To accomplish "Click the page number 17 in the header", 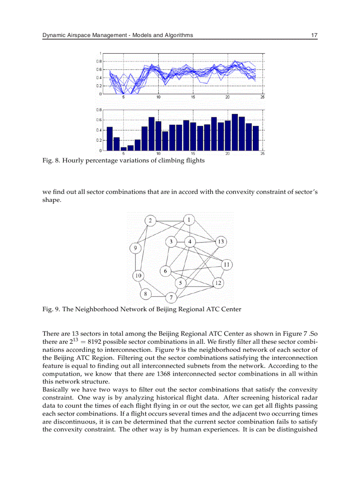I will pyautogui.click(x=314, y=35).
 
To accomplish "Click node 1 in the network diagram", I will pyautogui.click(x=189, y=220).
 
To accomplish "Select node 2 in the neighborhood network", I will pyautogui.click(x=150, y=220).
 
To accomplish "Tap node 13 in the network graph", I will pyautogui.click(x=221, y=242).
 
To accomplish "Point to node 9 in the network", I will pyautogui.click(x=135, y=249).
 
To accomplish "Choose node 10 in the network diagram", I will pyautogui.click(x=139, y=276).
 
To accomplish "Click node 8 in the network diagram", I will pyautogui.click(x=146, y=294).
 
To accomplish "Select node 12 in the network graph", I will pyautogui.click(x=218, y=283).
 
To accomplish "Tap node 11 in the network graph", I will pyautogui.click(x=226, y=264).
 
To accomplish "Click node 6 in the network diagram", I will pyautogui.click(x=165, y=271).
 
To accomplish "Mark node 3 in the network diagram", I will pyautogui.click(x=171, y=242).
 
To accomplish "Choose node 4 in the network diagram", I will pyautogui.click(x=190, y=242).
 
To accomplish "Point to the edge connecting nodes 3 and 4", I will pyautogui.click(x=180, y=242).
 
